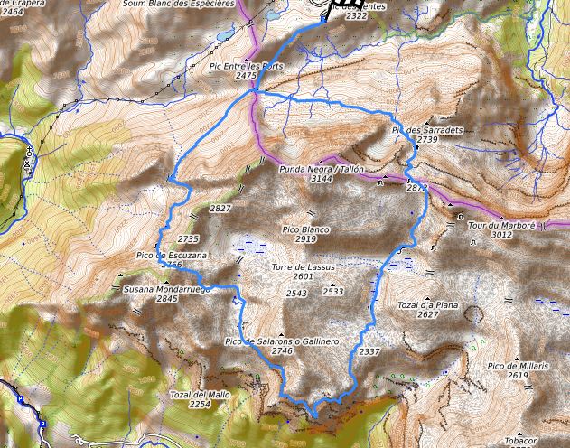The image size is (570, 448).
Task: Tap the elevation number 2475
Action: pos(246,77)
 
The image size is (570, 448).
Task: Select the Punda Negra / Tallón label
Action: pos(321,169)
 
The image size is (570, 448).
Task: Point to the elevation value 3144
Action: pos(322,180)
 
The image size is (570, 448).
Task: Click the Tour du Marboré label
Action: pos(502,224)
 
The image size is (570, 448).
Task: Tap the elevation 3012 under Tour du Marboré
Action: pos(502,235)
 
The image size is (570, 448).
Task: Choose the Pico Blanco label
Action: pos(305,229)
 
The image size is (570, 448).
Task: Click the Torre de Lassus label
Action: pos(304,267)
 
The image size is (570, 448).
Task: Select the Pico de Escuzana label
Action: pos(172,256)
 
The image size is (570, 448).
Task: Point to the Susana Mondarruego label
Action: pos(166,288)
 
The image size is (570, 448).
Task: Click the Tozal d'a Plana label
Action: pos(428,305)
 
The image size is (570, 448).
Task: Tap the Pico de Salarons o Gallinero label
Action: pos(281,341)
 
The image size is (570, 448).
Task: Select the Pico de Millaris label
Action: pos(518,365)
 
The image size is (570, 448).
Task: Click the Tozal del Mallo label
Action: pos(200,396)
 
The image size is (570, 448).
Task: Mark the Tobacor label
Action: pos(521,440)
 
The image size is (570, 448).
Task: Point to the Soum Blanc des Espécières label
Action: pos(179,4)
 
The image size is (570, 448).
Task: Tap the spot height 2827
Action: pos(220,209)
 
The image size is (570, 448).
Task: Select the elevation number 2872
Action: pos(416,188)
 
